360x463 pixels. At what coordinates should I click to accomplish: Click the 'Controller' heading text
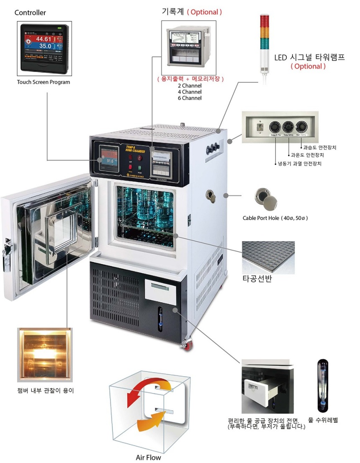pos(30,13)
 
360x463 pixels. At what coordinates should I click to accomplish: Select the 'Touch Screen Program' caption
pos(44,82)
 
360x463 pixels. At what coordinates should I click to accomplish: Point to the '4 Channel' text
pos(190,92)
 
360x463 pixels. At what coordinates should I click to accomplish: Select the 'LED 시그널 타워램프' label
pos(309,57)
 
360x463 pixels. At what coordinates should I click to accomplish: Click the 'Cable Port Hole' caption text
pos(275,218)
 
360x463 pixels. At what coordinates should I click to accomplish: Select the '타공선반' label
pos(257,279)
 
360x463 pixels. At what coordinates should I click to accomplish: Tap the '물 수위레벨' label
pos(323,419)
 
